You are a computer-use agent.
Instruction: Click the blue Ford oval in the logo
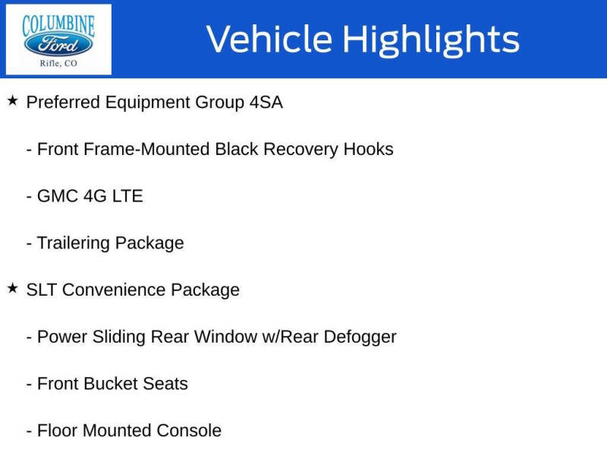(x=58, y=45)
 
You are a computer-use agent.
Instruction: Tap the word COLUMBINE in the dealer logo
(x=58, y=25)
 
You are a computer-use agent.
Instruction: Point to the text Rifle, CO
(x=58, y=63)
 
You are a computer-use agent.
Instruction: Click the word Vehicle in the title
(x=269, y=39)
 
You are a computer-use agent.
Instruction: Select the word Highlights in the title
(x=431, y=40)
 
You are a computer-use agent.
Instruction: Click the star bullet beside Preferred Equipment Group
(x=12, y=101)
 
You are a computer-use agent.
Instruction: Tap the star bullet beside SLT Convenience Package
(x=12, y=288)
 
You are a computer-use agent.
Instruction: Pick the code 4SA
(x=266, y=103)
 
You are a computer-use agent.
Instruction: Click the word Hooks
(x=368, y=149)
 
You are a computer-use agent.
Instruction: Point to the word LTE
(x=127, y=196)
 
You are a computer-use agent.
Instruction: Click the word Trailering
(x=74, y=243)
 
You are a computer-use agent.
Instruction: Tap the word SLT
(x=42, y=290)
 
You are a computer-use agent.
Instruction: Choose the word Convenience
(x=114, y=290)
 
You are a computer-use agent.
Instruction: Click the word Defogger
(x=360, y=337)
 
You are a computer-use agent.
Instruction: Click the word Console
(x=189, y=431)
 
